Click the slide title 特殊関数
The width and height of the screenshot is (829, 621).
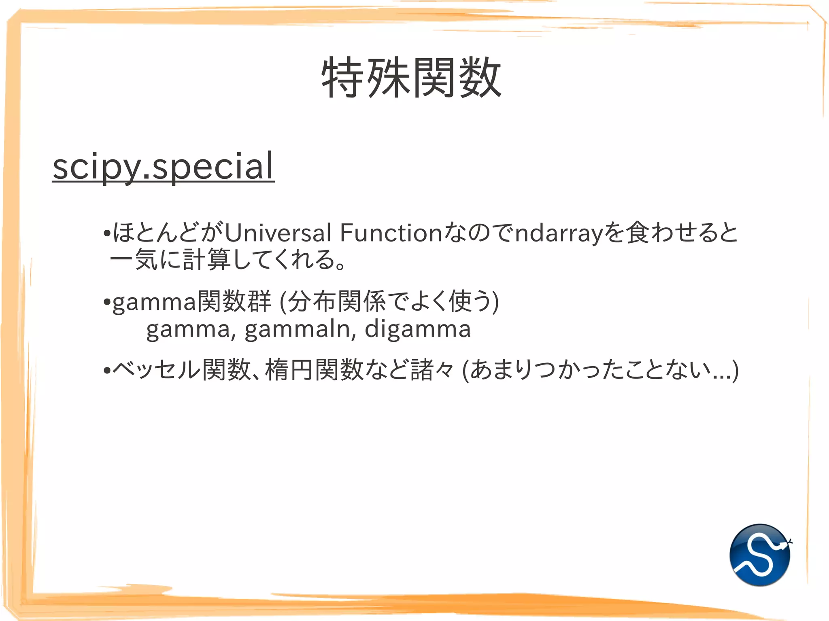tap(411, 78)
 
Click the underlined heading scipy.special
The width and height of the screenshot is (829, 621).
tap(164, 166)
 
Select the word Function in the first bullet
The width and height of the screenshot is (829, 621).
tap(391, 233)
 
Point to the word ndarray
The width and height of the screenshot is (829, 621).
tap(559, 234)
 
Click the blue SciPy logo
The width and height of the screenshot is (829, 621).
tap(760, 555)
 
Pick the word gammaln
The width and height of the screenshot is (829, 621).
tap(300, 329)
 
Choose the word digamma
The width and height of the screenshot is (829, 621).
tap(417, 329)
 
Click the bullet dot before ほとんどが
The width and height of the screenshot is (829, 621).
tap(107, 233)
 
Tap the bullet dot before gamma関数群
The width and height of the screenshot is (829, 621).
tap(107, 302)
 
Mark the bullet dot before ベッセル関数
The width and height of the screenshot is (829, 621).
tap(107, 370)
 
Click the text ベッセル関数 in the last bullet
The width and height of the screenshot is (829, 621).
tap(182, 370)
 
